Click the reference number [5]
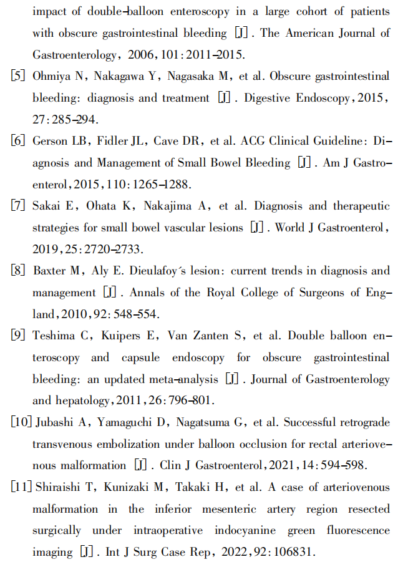click(18, 76)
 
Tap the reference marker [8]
click(18, 271)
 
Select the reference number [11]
click(20, 487)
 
